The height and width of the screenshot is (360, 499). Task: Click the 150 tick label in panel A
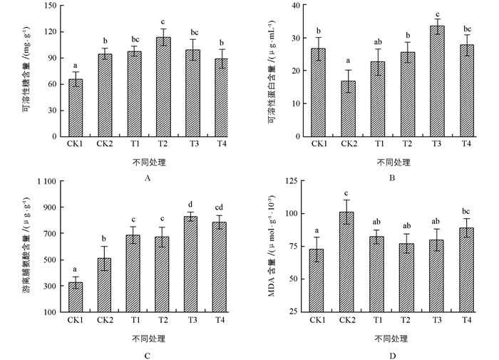pyautogui.click(x=50, y=6)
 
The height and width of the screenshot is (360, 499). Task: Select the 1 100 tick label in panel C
pyautogui.click(x=43, y=182)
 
